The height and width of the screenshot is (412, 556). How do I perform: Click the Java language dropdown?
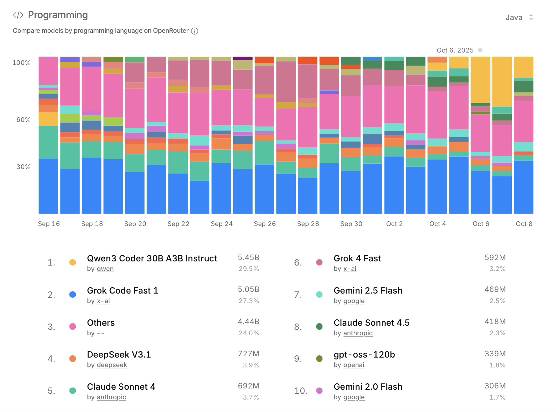519,17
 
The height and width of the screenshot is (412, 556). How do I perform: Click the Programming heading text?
58,15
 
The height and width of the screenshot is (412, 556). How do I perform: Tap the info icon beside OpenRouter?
194,31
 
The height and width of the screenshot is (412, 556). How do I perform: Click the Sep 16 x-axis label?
49,224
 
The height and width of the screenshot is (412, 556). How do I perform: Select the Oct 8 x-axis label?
524,224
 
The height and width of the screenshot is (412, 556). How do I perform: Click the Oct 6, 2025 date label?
455,50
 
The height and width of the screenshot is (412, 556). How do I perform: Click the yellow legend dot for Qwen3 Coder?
73,262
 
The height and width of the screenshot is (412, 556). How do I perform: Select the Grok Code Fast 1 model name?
122,290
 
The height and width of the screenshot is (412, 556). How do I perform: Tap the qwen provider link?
105,269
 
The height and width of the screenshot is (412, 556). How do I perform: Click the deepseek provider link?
112,365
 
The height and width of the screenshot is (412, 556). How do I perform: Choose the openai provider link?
354,365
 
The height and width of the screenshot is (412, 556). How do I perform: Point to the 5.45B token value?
248,257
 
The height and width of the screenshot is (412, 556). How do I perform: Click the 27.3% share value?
249,301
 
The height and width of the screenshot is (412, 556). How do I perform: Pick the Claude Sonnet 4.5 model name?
372,323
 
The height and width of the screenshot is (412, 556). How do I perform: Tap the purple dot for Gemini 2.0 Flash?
319,391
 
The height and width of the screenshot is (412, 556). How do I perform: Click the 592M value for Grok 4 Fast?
495,257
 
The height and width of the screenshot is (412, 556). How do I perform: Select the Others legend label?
101,323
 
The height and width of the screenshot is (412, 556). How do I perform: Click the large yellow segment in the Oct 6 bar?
480,80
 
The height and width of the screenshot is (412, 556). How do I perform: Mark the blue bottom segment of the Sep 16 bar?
48,186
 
